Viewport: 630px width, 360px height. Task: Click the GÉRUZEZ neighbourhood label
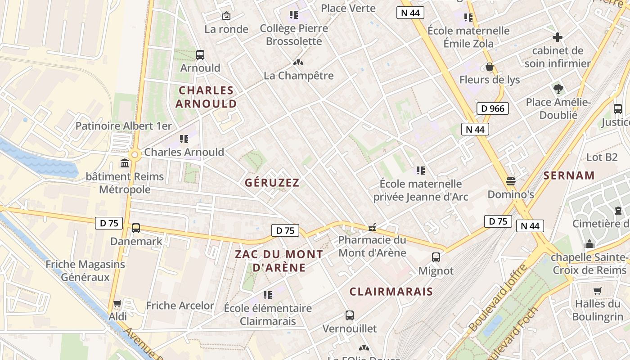click(272, 182)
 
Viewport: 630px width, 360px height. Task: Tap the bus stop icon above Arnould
click(200, 55)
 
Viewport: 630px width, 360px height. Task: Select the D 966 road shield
click(492, 108)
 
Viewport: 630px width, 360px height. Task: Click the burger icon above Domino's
click(510, 181)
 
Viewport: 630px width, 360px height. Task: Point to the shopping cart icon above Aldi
click(117, 303)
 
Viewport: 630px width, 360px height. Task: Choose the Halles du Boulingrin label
click(597, 310)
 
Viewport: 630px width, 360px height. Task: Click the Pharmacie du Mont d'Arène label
click(372, 246)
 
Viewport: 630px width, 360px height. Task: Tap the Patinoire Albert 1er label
click(124, 126)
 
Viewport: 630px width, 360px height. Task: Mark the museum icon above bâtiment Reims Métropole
click(125, 163)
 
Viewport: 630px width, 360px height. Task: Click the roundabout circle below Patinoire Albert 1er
click(134, 155)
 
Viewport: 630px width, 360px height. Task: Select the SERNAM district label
click(569, 175)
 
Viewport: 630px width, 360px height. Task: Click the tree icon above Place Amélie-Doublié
click(558, 89)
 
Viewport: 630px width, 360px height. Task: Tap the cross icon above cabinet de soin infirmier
click(558, 37)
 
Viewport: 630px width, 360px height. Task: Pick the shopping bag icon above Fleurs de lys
click(490, 67)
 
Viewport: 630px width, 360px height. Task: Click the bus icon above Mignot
click(436, 257)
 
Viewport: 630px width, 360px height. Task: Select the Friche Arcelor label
click(180, 306)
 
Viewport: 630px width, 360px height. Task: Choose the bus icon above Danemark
click(136, 228)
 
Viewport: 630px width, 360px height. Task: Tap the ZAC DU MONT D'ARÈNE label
click(279, 261)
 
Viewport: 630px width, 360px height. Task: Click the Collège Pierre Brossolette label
click(294, 35)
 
